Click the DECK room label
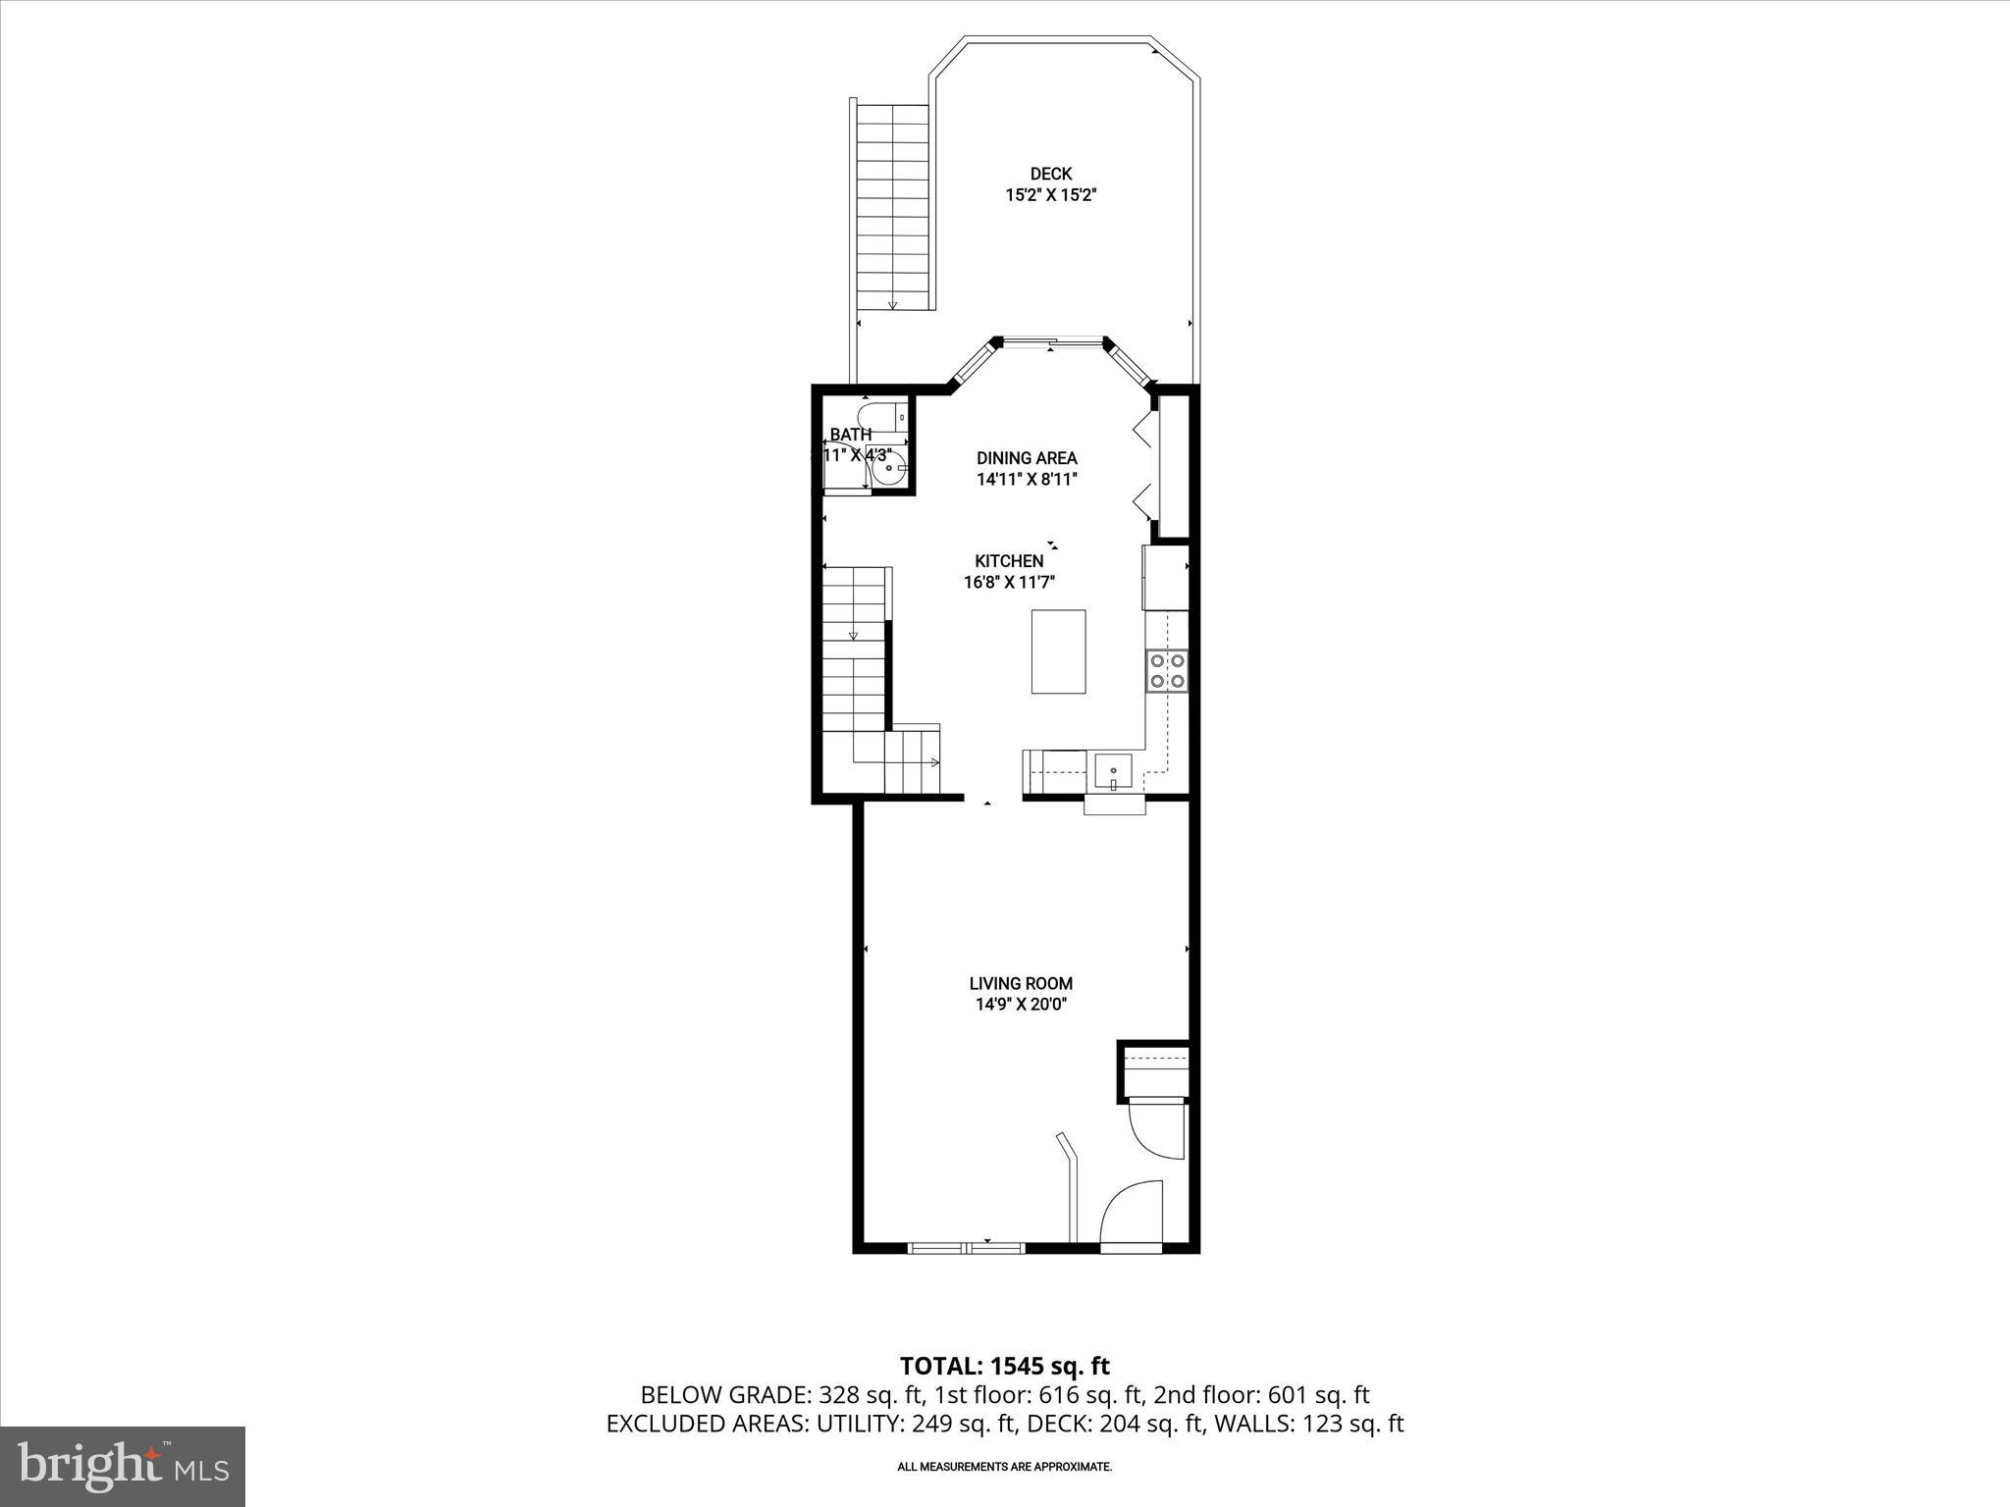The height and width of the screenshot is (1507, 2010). click(x=1050, y=174)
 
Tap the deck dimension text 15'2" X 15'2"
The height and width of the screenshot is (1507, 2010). click(x=1050, y=195)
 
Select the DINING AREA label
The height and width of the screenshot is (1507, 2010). click(x=1027, y=458)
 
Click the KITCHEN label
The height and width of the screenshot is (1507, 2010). click(x=1009, y=561)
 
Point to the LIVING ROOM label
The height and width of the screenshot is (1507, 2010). click(x=1021, y=983)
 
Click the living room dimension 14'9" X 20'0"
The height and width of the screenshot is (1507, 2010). click(x=1021, y=1005)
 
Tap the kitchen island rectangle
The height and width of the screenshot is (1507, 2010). click(x=1058, y=651)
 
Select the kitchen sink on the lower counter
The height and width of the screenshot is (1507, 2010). click(x=1114, y=771)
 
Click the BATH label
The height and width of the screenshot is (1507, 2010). click(x=850, y=435)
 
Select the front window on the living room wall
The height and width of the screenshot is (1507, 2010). click(x=967, y=1248)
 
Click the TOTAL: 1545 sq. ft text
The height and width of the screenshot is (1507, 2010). click(x=1005, y=1366)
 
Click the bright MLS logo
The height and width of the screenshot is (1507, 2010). click(x=123, y=1466)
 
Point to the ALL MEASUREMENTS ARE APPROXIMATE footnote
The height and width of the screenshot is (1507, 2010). click(x=1004, y=1467)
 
